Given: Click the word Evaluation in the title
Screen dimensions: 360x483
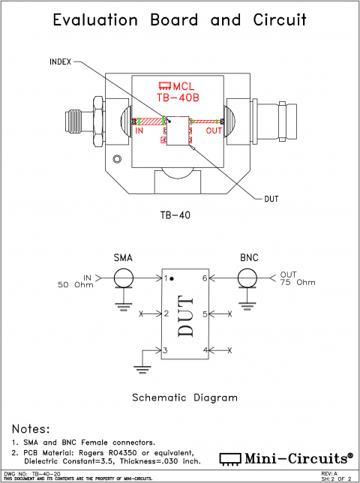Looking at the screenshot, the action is point(95,20).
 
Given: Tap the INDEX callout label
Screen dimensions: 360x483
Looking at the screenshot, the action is point(60,62).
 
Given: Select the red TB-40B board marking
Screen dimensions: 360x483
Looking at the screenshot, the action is point(178,97).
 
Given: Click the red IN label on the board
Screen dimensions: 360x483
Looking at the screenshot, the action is point(139,131).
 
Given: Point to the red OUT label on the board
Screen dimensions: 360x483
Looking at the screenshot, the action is point(214,131).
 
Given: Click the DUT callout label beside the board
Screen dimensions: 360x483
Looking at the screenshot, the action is point(271,199).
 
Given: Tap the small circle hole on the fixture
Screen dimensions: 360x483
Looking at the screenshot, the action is point(117,159).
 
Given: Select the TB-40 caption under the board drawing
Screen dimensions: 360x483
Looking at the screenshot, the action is point(175,215).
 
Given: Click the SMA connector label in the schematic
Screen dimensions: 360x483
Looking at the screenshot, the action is point(123,257).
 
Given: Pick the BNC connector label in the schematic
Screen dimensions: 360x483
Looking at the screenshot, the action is point(249,257).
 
